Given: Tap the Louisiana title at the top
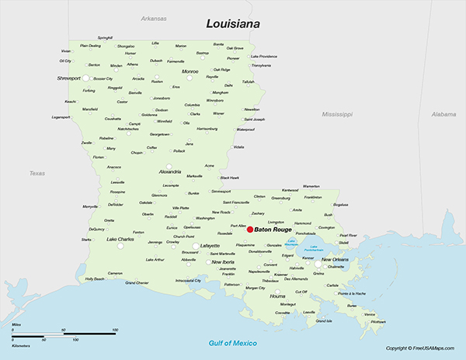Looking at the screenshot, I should (231, 24).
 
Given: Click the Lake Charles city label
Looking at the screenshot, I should (121, 239).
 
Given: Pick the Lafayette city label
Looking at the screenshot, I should (210, 245).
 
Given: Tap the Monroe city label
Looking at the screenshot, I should (190, 71).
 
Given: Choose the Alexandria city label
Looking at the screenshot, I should (170, 171).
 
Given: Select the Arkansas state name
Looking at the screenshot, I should (154, 18).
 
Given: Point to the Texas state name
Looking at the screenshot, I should (37, 173).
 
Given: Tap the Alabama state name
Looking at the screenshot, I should (444, 113).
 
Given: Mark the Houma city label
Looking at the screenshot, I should (277, 296).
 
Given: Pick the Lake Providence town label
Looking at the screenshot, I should (265, 57).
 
